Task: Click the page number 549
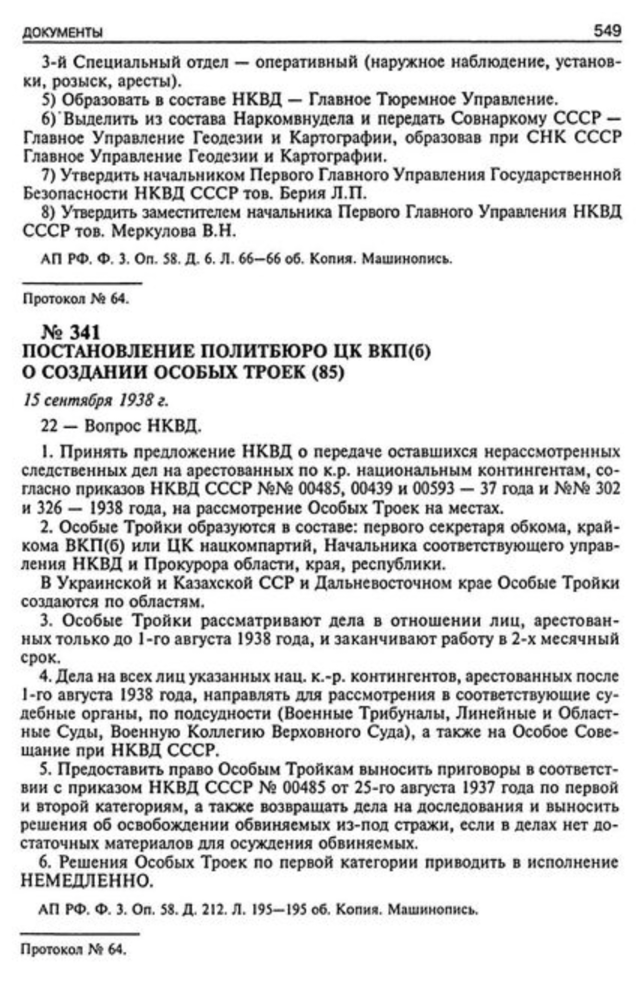[607, 31]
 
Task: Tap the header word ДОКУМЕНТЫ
[62, 33]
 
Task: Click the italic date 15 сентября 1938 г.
[95, 400]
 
